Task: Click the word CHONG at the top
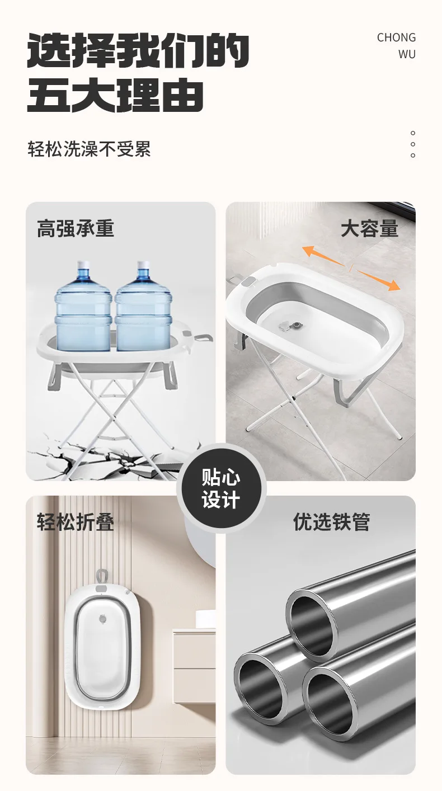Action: (x=396, y=37)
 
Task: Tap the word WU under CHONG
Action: (x=407, y=54)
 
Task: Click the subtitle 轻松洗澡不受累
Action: (x=89, y=149)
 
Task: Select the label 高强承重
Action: (x=76, y=228)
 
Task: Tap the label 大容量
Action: (x=369, y=228)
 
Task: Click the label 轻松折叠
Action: (x=76, y=521)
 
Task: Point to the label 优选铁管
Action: (x=331, y=521)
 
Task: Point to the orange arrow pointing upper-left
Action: (x=323, y=255)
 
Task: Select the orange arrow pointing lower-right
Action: (x=378, y=280)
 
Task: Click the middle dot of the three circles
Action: (x=413, y=144)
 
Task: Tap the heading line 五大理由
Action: (x=115, y=95)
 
